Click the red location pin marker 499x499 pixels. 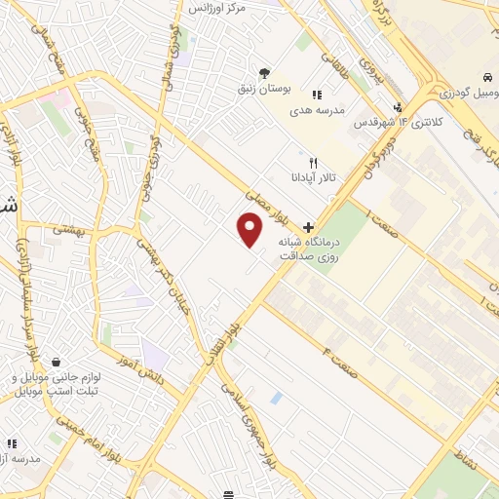250,229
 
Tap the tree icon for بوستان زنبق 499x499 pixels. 263,73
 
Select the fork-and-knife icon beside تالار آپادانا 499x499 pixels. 312,164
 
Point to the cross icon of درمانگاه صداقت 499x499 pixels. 309,226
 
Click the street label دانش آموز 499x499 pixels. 136,368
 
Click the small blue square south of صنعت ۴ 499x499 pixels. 278,398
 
